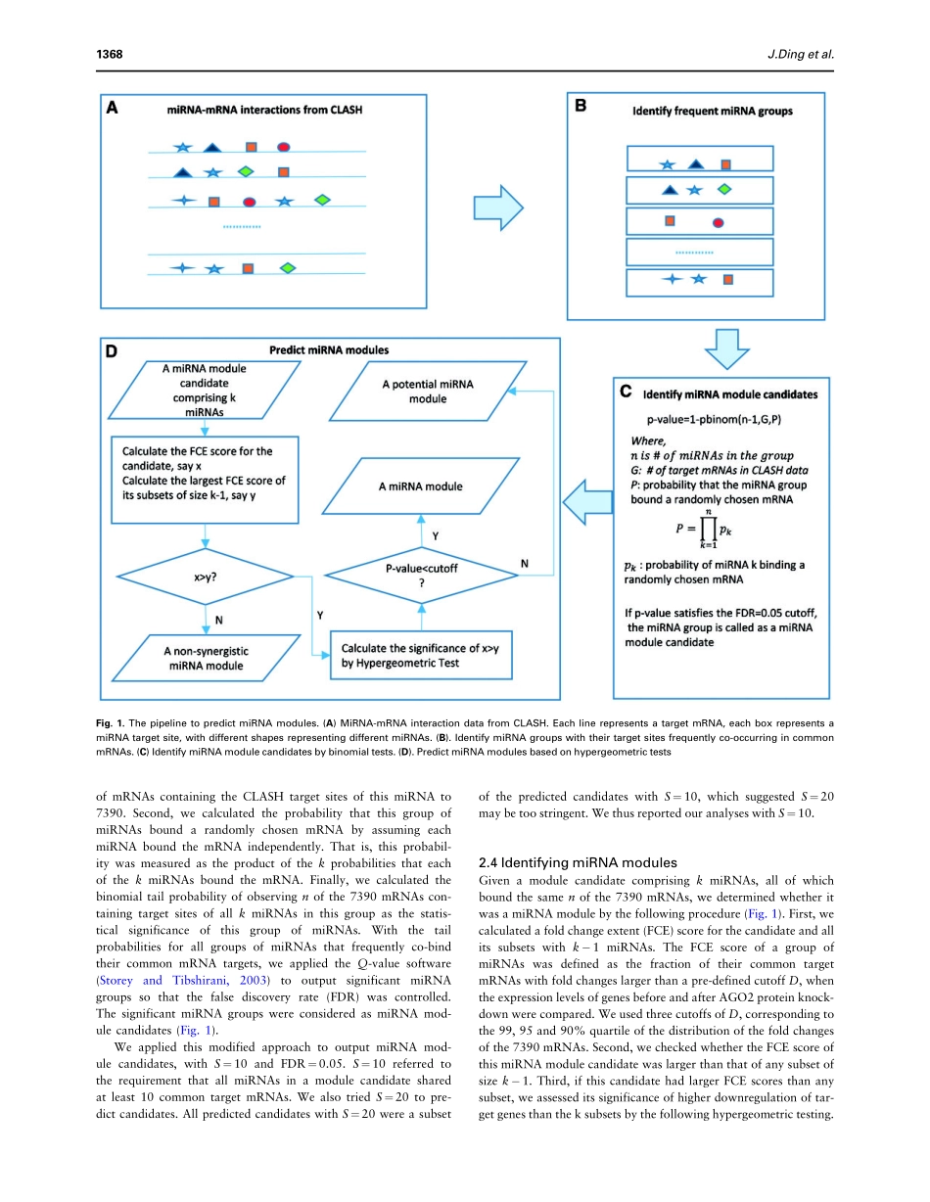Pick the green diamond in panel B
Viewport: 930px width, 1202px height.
point(724,189)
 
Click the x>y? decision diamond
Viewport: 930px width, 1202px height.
point(207,578)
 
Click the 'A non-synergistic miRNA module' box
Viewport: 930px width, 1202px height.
point(205,658)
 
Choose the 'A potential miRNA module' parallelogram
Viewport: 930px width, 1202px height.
point(427,392)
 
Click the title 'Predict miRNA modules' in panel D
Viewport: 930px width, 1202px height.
point(329,350)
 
